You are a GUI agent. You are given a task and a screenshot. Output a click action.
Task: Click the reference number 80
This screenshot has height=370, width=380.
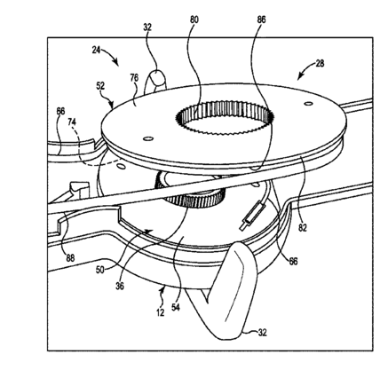[x=194, y=20]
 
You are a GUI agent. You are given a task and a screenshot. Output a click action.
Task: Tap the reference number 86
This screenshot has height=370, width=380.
[x=261, y=20]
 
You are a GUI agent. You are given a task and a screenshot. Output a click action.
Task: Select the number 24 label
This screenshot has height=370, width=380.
[x=96, y=50]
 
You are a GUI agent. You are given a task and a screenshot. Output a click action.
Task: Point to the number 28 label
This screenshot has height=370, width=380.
[x=320, y=63]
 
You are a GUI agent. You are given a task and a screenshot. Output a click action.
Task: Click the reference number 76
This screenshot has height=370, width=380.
[x=134, y=78]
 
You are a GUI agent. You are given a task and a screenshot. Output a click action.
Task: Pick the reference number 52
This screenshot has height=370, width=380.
[x=100, y=86]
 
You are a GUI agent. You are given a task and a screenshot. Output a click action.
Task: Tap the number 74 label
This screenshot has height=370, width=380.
[x=72, y=122]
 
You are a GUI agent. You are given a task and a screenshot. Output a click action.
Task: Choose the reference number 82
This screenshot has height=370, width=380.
[x=303, y=227]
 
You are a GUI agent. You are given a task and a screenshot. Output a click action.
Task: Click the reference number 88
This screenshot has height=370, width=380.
[x=70, y=258]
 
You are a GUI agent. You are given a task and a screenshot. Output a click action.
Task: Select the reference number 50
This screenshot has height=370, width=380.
[x=100, y=270]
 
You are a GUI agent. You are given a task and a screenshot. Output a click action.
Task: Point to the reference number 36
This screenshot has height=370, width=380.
[x=120, y=287]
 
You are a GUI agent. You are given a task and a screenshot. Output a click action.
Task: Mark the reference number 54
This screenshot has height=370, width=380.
[x=176, y=307]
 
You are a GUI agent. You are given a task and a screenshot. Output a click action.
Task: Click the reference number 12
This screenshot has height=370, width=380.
[x=160, y=312]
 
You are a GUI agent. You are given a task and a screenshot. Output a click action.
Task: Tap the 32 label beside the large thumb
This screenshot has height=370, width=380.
[x=262, y=333]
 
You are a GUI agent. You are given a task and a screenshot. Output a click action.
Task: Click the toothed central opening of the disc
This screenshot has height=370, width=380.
[x=224, y=118]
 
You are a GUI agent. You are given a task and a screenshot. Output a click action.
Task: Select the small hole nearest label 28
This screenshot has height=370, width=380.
[x=309, y=104]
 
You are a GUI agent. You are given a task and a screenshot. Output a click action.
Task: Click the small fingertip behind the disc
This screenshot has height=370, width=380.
[x=156, y=79]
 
